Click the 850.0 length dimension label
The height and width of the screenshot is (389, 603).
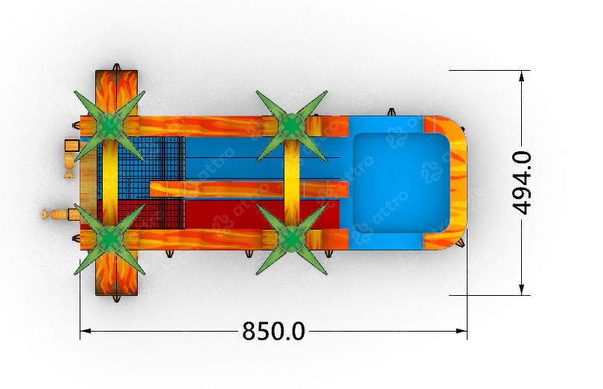[x=273, y=331]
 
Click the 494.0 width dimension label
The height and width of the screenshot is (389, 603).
[x=522, y=183]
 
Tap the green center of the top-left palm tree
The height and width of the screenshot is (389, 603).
[x=109, y=126]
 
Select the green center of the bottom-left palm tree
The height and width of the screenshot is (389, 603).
[x=109, y=239]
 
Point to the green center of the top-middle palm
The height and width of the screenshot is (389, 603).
[x=292, y=126]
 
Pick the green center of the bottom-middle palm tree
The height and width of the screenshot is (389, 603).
[x=292, y=239]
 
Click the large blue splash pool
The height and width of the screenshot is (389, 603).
[x=401, y=183]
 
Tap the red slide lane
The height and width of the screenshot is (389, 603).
[x=261, y=214]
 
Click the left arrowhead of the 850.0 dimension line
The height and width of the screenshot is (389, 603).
[x=86, y=331]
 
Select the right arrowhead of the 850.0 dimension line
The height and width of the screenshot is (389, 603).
[x=462, y=331]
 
